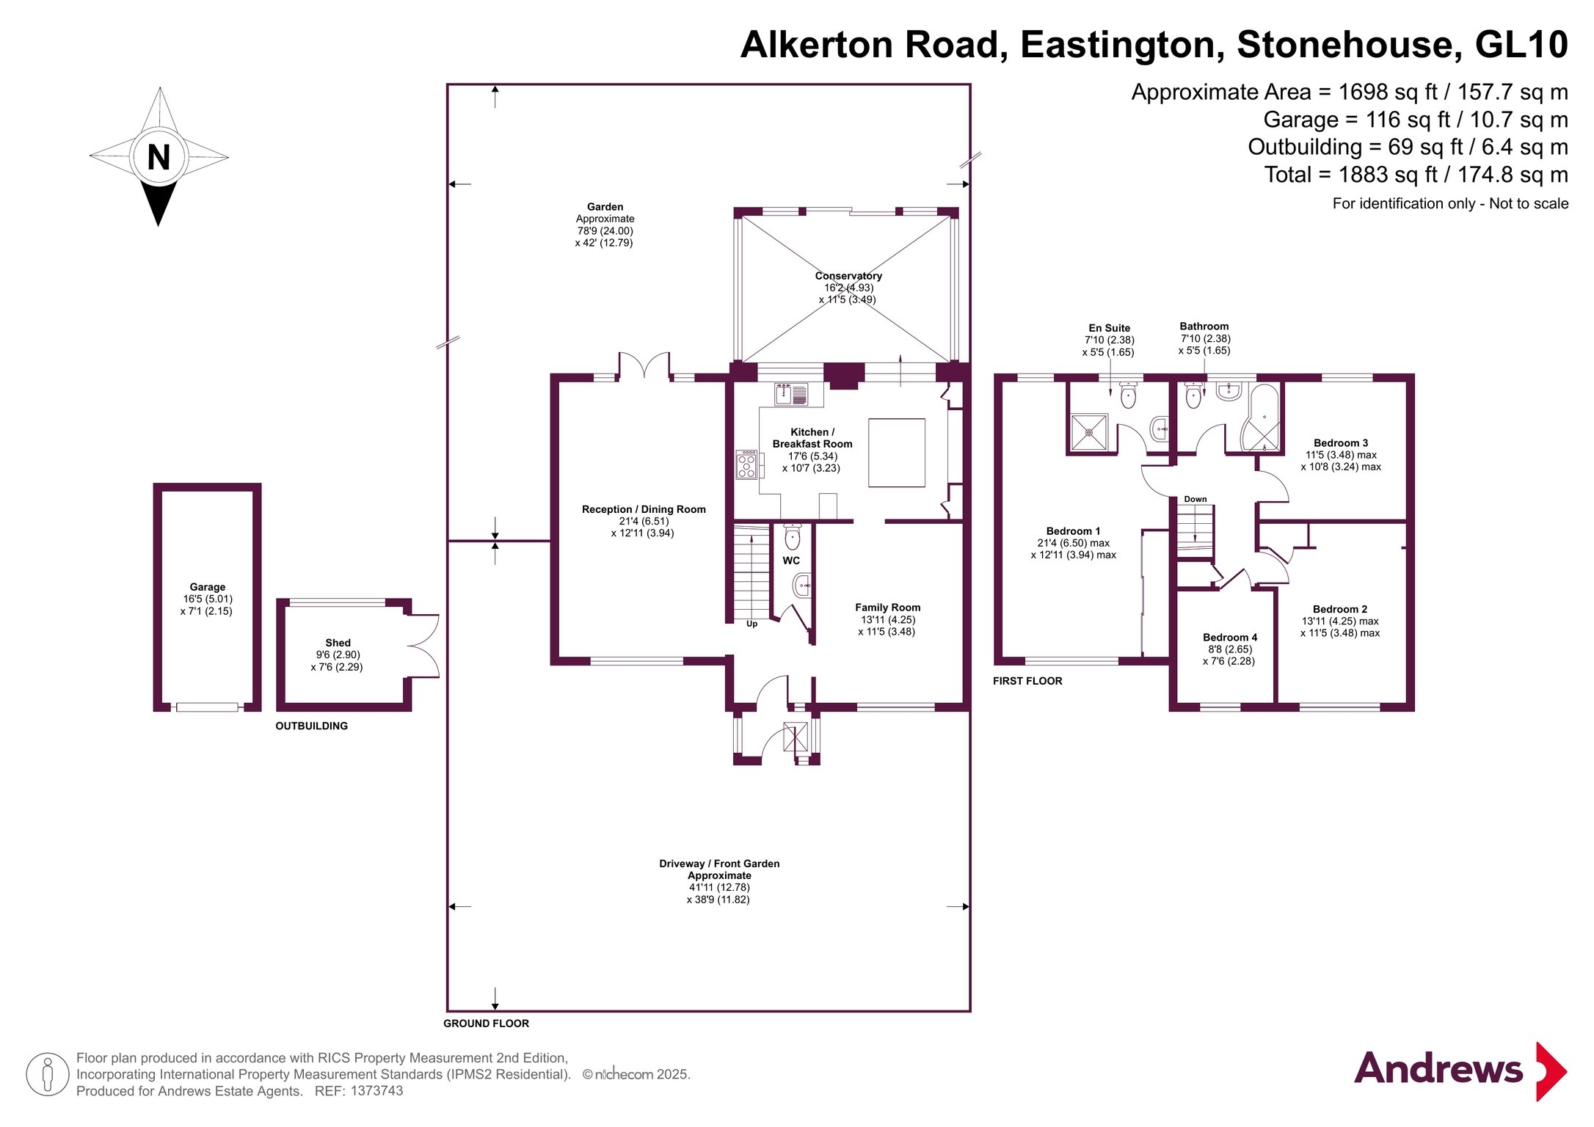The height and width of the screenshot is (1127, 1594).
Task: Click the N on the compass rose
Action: (159, 157)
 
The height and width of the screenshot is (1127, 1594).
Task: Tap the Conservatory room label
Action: (848, 276)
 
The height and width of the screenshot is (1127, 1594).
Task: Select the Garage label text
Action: (208, 587)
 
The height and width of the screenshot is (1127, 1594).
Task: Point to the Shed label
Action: (338, 643)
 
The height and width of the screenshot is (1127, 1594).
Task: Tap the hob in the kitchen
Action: (746, 464)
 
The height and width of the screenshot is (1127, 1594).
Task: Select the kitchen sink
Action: (792, 394)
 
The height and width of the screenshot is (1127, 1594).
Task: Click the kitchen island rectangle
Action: (897, 453)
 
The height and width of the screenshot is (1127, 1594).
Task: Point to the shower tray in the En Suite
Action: (1089, 433)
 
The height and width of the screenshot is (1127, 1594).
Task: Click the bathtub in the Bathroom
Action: (1260, 418)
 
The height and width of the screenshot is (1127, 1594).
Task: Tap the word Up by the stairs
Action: (751, 624)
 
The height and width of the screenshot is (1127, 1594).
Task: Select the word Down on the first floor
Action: (1195, 499)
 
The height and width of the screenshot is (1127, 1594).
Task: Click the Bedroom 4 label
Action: (1230, 638)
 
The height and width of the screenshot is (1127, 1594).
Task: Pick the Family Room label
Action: (888, 608)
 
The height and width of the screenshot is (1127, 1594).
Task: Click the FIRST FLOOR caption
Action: (1027, 681)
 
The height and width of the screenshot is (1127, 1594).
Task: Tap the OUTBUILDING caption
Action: (312, 726)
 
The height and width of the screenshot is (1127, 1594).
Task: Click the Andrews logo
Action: (1460, 1071)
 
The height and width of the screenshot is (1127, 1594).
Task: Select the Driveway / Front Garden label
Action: (719, 864)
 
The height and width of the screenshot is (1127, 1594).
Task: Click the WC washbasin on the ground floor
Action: (801, 586)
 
